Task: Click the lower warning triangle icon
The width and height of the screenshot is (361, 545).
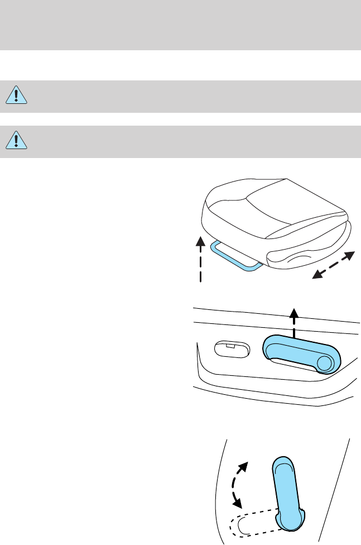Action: click(17, 141)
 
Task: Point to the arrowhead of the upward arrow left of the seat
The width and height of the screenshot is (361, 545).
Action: click(200, 241)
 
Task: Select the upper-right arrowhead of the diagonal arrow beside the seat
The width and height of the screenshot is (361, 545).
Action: click(349, 256)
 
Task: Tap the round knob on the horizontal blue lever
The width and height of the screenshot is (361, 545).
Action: click(324, 363)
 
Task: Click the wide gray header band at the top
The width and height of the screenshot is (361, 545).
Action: click(180, 25)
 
